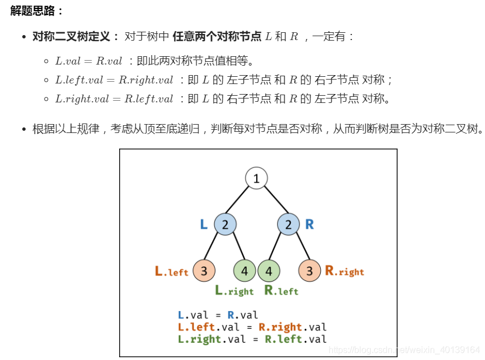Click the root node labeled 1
click(x=256, y=179)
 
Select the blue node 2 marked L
click(x=225, y=225)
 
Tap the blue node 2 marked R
click(x=288, y=225)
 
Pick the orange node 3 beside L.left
click(x=204, y=272)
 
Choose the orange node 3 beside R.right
click(x=310, y=272)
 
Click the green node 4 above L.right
click(x=244, y=272)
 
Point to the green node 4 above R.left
click(x=269, y=272)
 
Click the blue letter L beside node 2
click(x=204, y=225)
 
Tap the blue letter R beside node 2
click(x=310, y=225)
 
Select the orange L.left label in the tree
click(x=172, y=272)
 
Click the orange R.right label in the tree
click(x=344, y=272)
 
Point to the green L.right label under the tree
click(x=234, y=291)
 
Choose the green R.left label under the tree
click(x=281, y=291)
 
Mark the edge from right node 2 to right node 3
click(x=299, y=248)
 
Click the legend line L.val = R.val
click(x=218, y=315)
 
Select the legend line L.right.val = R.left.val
click(x=252, y=339)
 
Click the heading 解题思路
click(x=37, y=11)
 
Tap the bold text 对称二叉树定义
click(x=71, y=37)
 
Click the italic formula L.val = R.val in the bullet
click(x=89, y=61)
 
